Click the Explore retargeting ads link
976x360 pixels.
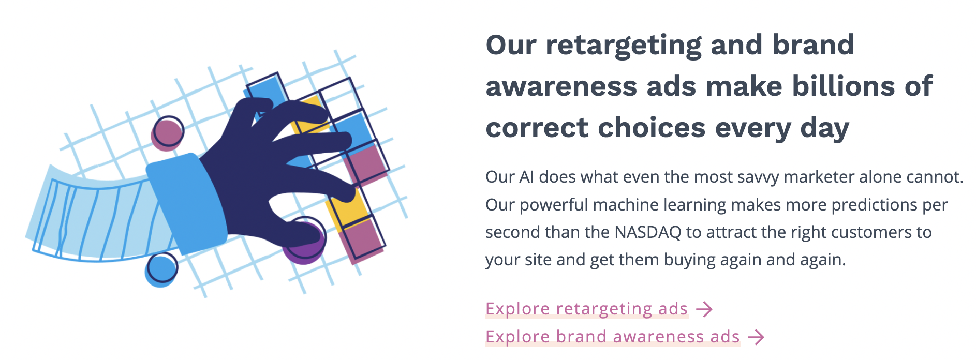tap(586, 309)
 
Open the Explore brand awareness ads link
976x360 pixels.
tap(612, 337)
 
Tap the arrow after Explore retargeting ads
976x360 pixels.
tap(704, 309)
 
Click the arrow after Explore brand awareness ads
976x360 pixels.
tap(756, 337)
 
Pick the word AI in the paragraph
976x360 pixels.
tap(526, 177)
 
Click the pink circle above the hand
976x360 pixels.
tap(167, 132)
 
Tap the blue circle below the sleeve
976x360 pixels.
tap(161, 269)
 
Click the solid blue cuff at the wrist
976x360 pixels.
tap(184, 202)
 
